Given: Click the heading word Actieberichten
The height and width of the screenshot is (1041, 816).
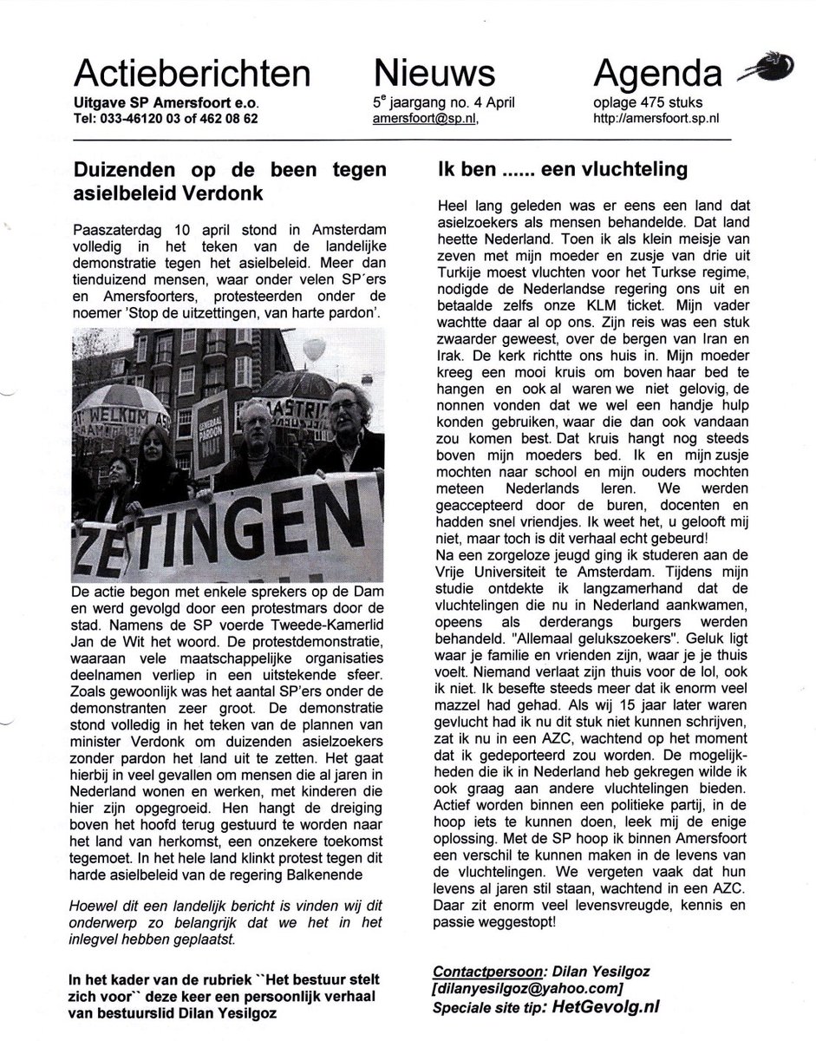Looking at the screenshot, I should (x=192, y=73).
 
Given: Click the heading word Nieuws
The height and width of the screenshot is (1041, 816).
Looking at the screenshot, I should (x=434, y=73).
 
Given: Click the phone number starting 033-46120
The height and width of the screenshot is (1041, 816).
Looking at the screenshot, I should (x=166, y=119).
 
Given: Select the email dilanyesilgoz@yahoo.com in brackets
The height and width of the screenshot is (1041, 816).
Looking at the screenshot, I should (x=530, y=986).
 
